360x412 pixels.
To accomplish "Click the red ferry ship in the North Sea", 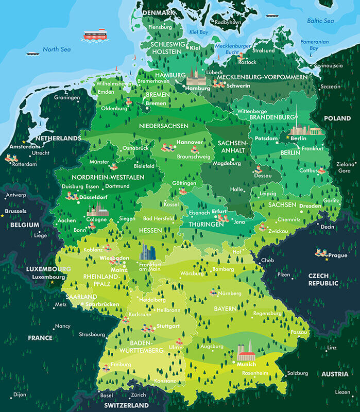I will (95, 35).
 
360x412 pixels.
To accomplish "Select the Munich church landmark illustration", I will (246, 352).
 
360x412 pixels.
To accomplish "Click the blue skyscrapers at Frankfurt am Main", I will (148, 252).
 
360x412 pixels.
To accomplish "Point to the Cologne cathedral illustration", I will (97, 210).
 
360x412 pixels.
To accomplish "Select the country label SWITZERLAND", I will (126, 405).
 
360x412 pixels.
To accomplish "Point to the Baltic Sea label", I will (320, 21).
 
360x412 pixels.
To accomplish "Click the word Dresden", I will (311, 205).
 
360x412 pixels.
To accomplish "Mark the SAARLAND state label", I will (81, 297).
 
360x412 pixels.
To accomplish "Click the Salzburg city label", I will (298, 373).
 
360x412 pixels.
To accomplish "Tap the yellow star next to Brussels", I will (3, 216).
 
